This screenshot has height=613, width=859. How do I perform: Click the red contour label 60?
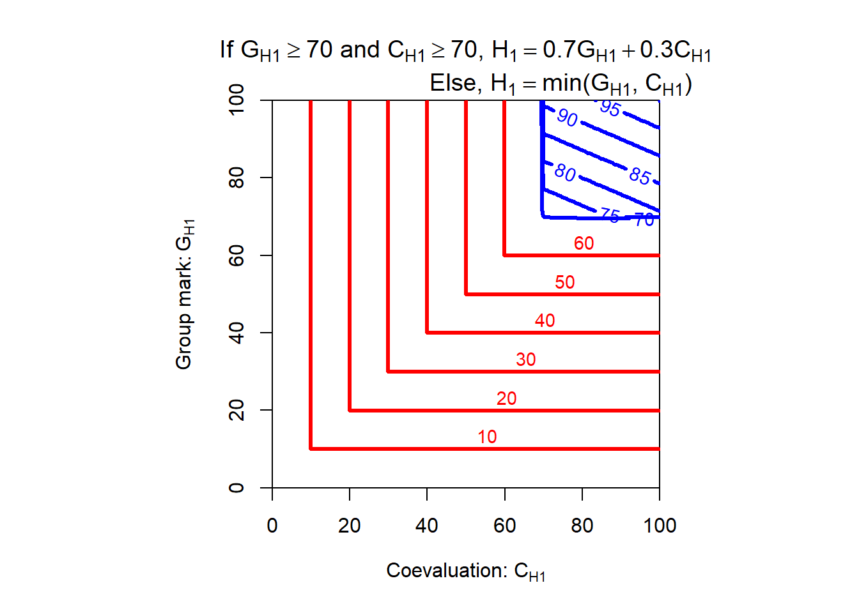click(584, 243)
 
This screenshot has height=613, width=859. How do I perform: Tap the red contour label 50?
click(564, 282)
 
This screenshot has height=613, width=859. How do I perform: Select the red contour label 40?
click(545, 321)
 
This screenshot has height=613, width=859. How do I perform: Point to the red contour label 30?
click(525, 359)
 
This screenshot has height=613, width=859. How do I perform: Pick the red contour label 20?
click(506, 398)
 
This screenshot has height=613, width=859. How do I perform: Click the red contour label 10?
click(487, 437)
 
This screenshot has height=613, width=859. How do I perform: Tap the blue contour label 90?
click(567, 117)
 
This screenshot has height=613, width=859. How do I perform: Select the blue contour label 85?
click(640, 176)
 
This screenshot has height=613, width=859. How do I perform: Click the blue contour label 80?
click(565, 172)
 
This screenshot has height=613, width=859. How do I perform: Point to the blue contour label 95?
click(610, 108)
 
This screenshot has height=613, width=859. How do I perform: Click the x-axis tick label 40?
click(427, 526)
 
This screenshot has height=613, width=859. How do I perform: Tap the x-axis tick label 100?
click(660, 526)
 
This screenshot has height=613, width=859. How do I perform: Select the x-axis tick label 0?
click(272, 526)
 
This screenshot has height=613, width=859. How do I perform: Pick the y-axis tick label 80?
click(236, 178)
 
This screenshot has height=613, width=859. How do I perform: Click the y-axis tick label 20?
click(236, 410)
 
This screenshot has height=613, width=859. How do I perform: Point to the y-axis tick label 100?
click(236, 100)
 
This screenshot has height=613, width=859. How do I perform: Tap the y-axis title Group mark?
click(184, 294)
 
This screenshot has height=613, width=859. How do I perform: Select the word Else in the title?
click(453, 83)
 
